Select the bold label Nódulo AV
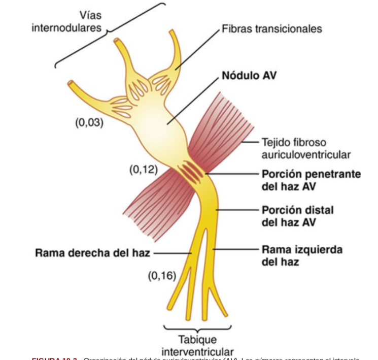[x=249, y=76]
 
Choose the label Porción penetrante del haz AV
[x=311, y=180]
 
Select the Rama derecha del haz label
[x=93, y=252]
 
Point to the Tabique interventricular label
[x=197, y=345]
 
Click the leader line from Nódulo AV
[x=195, y=99]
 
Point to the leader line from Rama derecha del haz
[x=173, y=252]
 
